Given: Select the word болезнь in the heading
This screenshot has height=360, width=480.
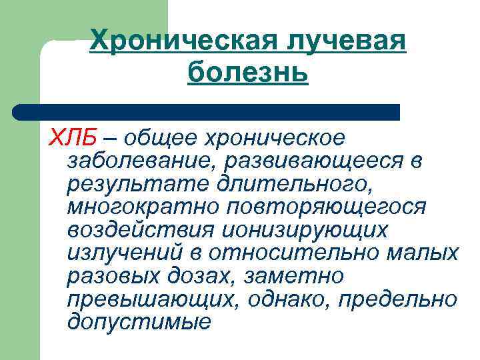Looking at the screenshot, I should point(248,71).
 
